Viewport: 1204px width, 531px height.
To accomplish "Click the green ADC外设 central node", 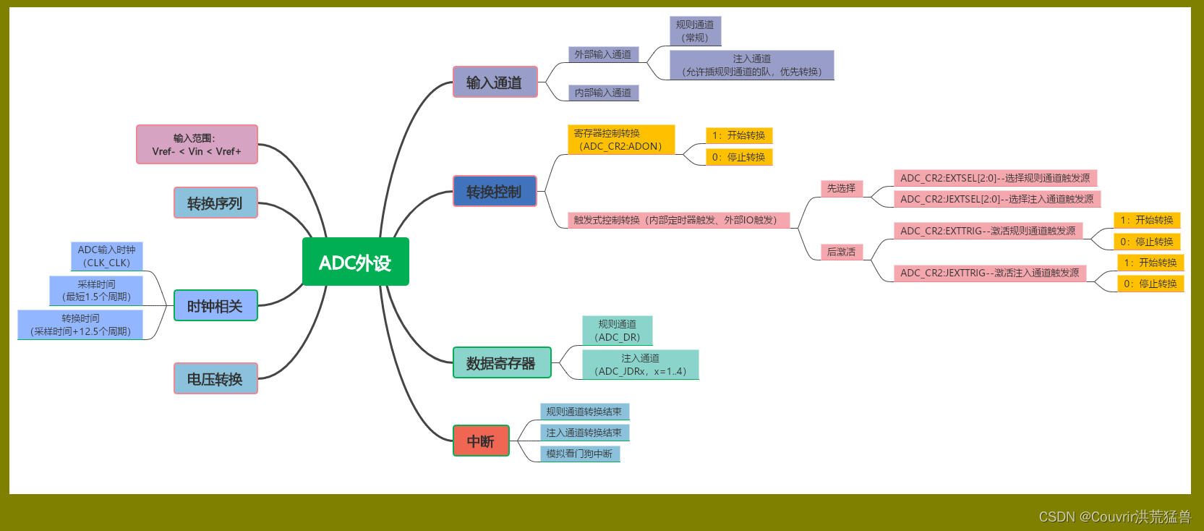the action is [355, 262].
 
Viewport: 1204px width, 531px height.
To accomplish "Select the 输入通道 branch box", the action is [495, 82].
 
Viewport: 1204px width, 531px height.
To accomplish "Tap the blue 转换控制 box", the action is [495, 191].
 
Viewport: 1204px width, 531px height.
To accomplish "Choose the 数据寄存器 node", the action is [502, 362].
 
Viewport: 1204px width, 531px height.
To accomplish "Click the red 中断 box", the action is [481, 441].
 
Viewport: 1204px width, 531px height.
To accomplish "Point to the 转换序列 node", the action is [215, 203].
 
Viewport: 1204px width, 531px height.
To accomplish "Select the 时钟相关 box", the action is [215, 305].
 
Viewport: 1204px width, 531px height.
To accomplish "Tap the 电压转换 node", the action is [215, 378].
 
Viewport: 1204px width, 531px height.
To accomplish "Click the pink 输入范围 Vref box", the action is [197, 144].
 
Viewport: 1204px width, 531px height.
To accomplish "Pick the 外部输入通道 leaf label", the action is [603, 54].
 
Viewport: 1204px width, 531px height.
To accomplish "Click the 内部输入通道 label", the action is [603, 93].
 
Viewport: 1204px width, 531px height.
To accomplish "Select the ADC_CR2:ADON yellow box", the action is [621, 140].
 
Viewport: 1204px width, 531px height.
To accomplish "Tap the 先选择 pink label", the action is [841, 188].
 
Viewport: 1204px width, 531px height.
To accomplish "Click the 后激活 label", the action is [841, 252].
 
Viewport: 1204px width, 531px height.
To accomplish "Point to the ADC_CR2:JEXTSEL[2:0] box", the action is [996, 199].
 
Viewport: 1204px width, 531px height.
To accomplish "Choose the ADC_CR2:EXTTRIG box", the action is [988, 231].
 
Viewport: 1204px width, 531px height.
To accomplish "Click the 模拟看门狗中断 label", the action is [580, 454].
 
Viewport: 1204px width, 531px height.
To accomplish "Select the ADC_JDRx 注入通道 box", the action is [640, 365].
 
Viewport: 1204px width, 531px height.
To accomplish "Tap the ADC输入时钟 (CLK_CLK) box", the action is [107, 256].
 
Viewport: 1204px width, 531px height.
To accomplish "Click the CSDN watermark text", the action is [1114, 517].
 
